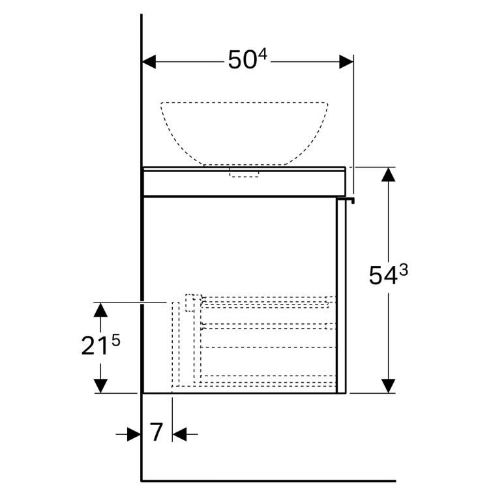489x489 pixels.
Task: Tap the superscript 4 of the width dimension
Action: tap(262, 55)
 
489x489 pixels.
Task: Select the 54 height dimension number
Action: tap(382, 276)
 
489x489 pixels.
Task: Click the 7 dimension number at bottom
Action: tap(156, 432)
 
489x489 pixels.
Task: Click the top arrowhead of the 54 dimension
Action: tap(389, 175)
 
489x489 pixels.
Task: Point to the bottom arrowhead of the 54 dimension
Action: tap(389, 385)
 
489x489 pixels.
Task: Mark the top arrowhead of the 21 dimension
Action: tap(100, 310)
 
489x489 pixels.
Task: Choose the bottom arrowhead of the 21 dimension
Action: tap(100, 385)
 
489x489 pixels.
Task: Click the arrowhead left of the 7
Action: tap(134, 434)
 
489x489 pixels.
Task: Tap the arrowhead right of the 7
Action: tap(180, 434)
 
